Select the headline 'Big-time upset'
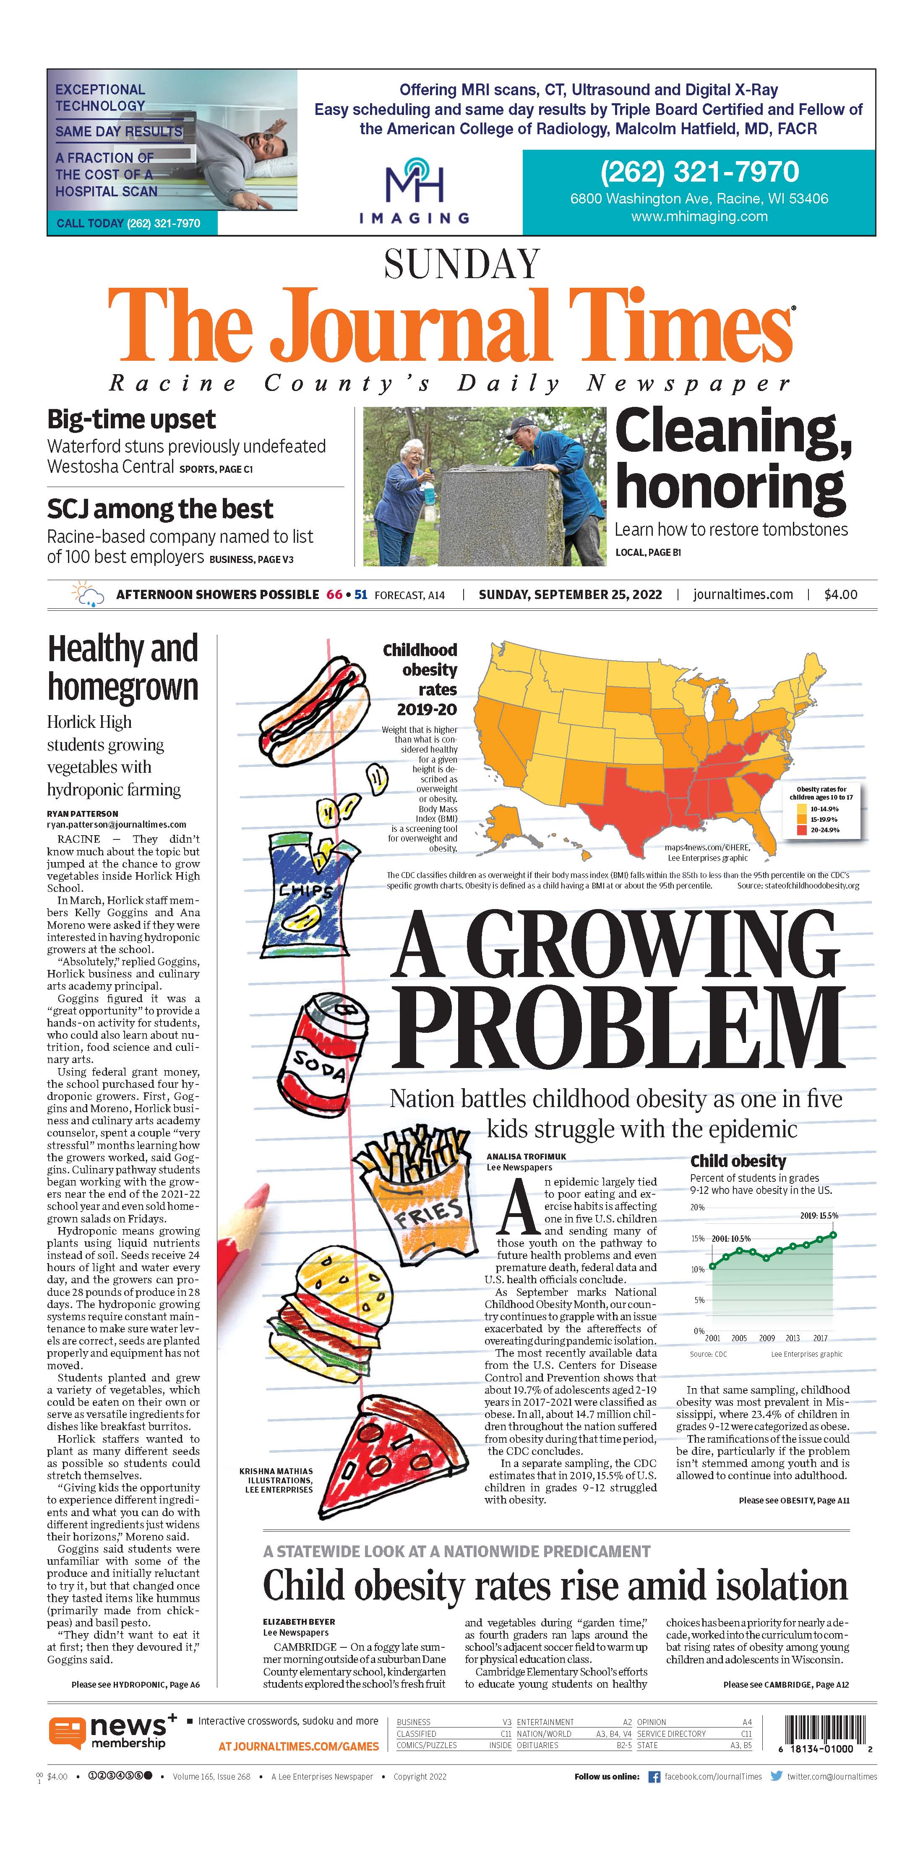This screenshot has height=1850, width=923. tap(131, 419)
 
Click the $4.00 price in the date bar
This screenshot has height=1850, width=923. tap(840, 595)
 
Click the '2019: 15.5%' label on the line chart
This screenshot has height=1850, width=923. tap(819, 1216)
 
